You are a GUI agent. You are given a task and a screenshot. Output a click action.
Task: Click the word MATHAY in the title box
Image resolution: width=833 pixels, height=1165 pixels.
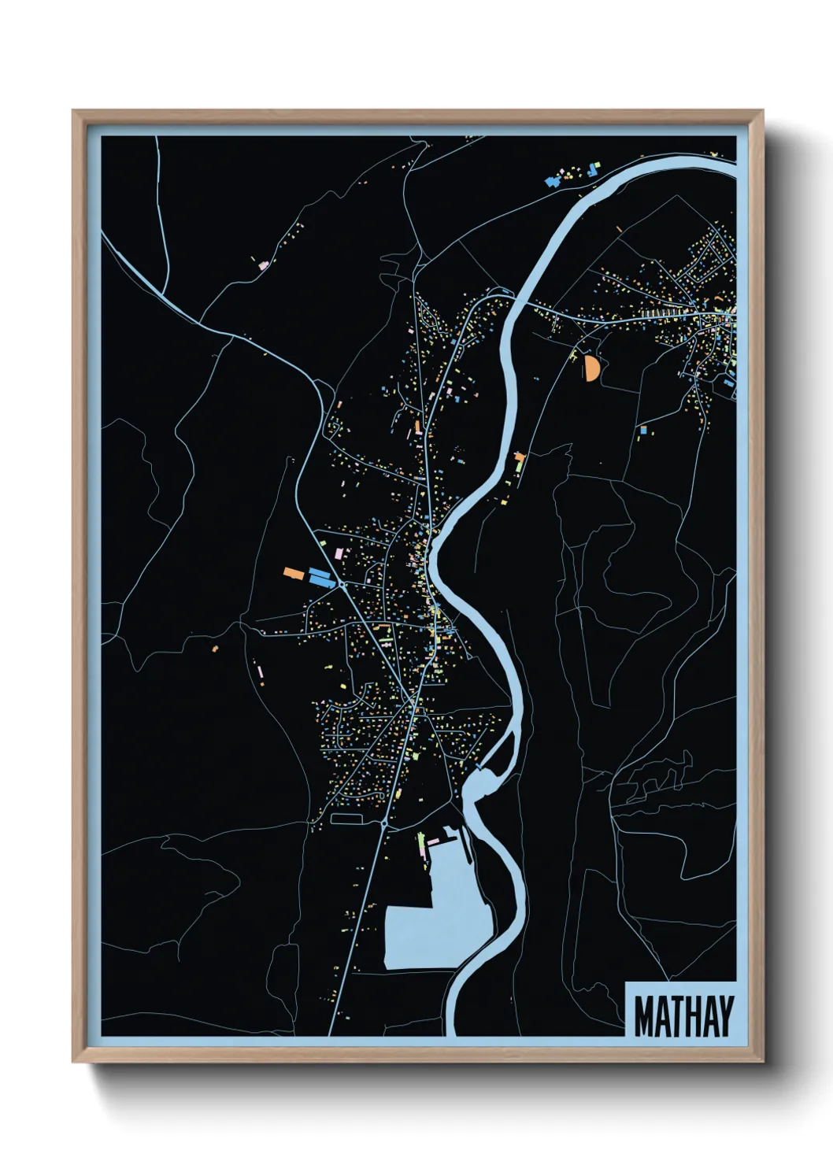(x=683, y=1016)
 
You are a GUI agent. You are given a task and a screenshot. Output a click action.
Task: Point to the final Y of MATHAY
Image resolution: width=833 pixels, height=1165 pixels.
(x=724, y=1016)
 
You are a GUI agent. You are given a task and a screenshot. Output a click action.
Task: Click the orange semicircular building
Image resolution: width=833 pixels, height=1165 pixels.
(x=591, y=368)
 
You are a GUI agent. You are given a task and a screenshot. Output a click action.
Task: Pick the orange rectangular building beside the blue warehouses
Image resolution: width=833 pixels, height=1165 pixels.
(x=294, y=573)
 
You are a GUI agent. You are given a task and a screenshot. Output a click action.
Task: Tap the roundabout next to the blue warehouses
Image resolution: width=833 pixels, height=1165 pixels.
(x=344, y=585)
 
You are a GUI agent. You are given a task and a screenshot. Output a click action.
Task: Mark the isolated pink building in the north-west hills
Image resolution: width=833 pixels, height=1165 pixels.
(x=264, y=265)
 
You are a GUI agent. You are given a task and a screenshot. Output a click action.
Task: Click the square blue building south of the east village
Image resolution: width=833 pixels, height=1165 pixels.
(x=643, y=431)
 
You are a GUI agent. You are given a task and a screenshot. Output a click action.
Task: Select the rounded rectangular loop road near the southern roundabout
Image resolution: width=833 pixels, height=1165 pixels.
(x=346, y=819)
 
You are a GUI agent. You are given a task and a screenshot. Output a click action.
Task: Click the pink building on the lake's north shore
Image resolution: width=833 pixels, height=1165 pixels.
(x=433, y=841)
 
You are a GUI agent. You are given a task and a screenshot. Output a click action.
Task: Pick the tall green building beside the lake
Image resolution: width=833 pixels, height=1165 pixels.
(x=420, y=846)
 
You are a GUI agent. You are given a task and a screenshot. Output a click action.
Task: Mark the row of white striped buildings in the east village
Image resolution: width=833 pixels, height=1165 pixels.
(x=660, y=313)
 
